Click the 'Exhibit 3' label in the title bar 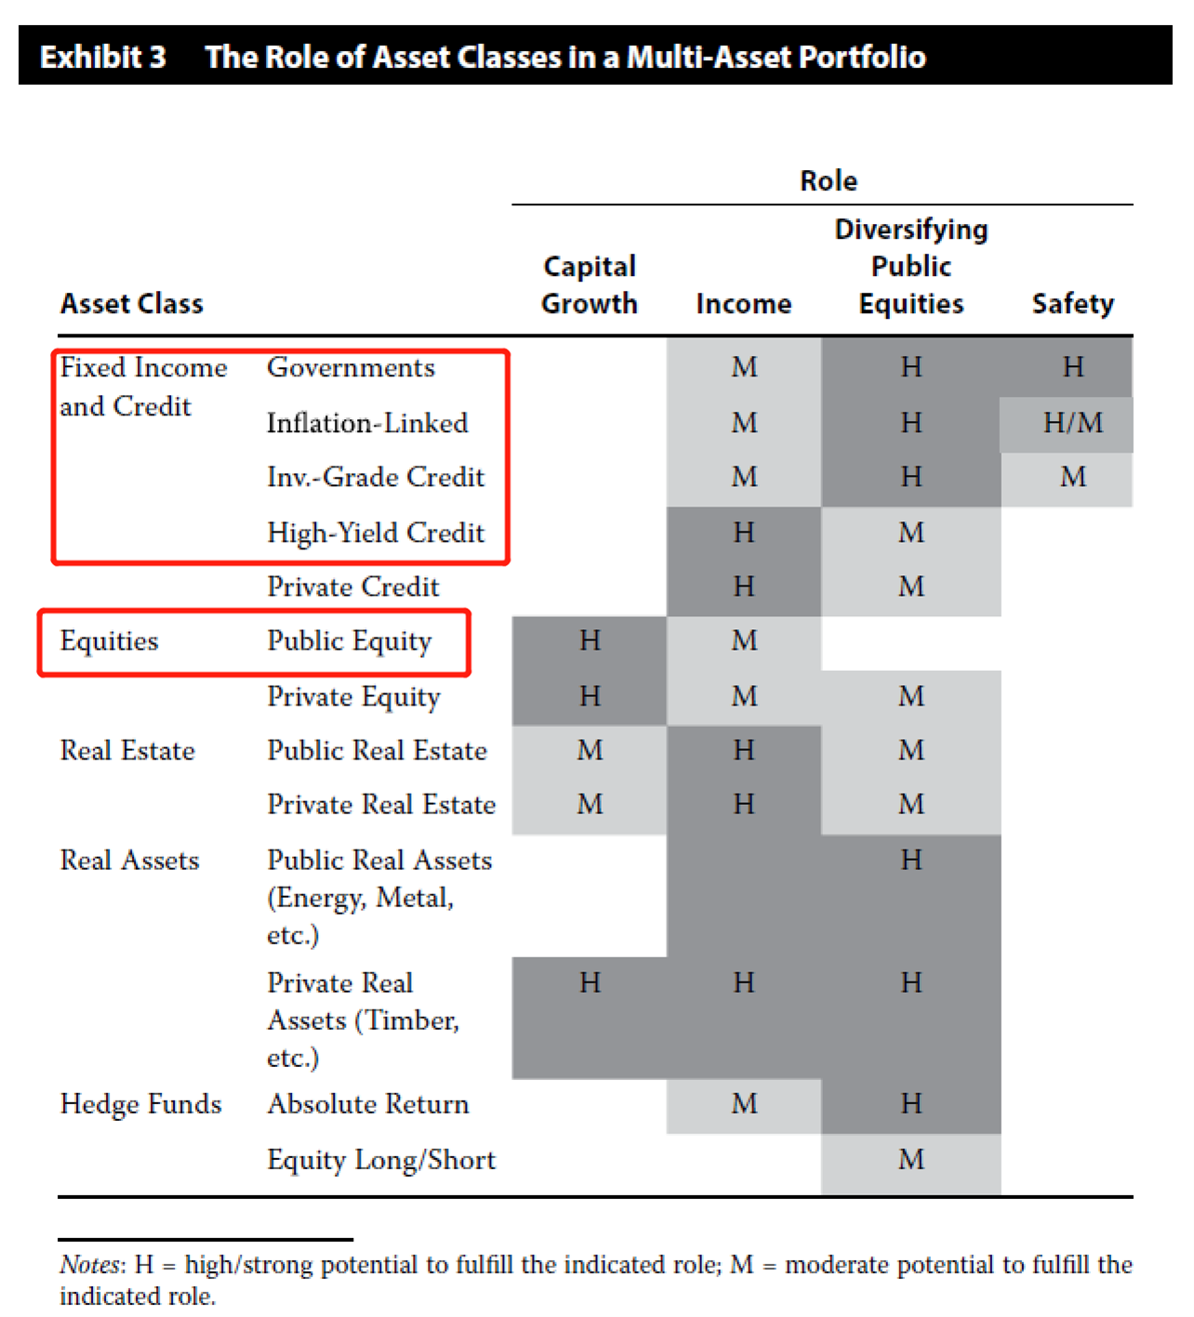click(102, 57)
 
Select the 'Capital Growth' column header click(590, 285)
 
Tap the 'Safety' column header click(1072, 304)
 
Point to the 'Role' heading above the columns click(828, 180)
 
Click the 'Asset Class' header click(132, 304)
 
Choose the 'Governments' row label click(351, 367)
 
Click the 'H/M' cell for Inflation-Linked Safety click(1072, 423)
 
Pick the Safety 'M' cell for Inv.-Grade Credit click(1072, 477)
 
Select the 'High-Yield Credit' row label click(376, 533)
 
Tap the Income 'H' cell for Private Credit click(744, 586)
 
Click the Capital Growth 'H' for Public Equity click(590, 640)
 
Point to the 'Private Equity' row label click(353, 696)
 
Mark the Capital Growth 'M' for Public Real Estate click(590, 750)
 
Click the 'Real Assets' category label click(129, 860)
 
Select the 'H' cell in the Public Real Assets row click(911, 860)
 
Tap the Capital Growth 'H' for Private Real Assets click(590, 982)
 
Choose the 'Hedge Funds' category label click(140, 1103)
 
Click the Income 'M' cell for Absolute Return click(744, 1103)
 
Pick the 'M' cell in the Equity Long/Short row click(911, 1159)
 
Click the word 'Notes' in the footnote click(89, 1265)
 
